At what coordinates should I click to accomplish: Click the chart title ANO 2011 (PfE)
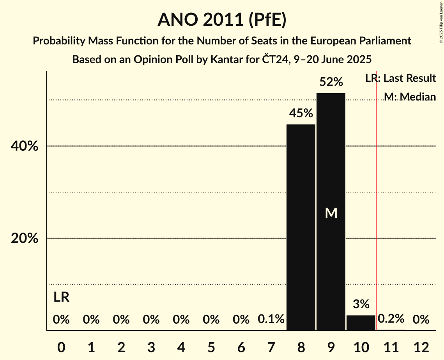point(222,20)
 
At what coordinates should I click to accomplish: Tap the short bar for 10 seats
point(361,323)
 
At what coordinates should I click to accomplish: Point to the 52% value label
point(331,82)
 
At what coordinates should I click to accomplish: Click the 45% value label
point(301,113)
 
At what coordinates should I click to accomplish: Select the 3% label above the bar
point(361,304)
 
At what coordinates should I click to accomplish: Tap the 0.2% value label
point(391,319)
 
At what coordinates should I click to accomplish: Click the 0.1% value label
point(271,319)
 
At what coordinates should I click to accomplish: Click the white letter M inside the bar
point(331,213)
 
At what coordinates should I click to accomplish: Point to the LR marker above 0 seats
point(61,297)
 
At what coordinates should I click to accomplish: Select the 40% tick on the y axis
point(24,146)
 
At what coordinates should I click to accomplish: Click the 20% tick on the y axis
point(24,238)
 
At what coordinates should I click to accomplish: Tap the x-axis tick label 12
point(421,347)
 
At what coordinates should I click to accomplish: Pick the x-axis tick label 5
point(211,347)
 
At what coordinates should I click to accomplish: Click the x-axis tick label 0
point(61,347)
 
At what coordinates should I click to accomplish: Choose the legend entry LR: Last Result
point(400,78)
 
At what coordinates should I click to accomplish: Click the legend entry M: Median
point(410,97)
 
